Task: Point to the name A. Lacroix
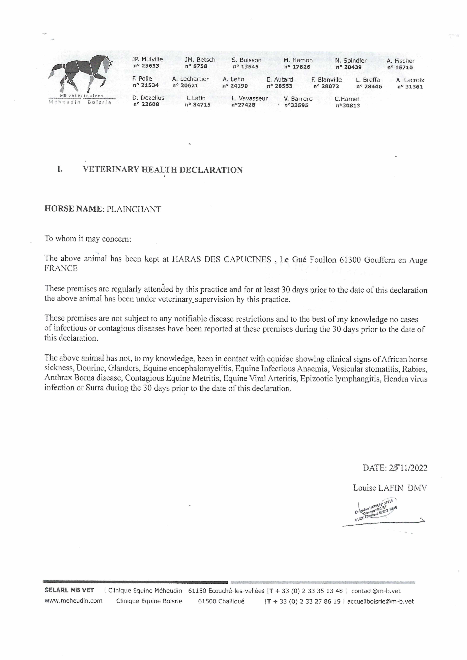click(x=410, y=80)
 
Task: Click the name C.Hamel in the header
click(x=347, y=99)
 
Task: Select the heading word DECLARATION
click(x=211, y=170)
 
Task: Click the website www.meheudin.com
click(x=73, y=601)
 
